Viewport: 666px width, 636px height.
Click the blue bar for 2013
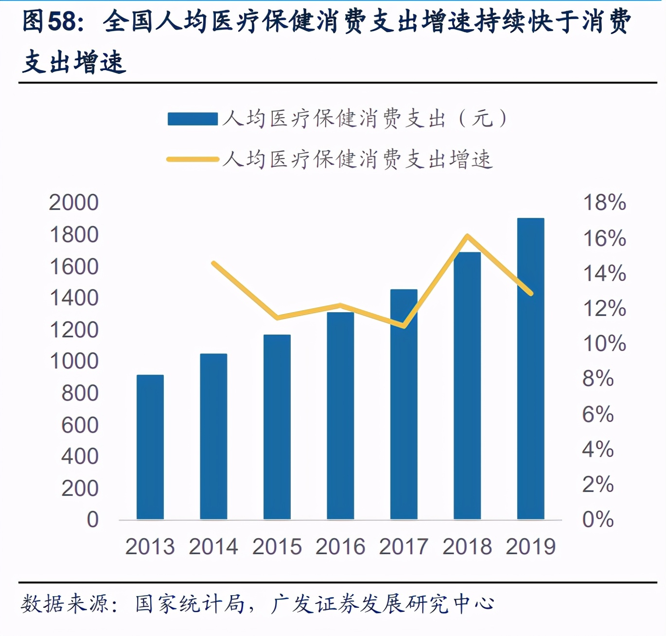[x=150, y=447]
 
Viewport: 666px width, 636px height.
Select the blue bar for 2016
[x=340, y=416]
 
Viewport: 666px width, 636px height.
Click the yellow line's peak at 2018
[x=467, y=236]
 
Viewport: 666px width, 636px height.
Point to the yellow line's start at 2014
[x=214, y=263]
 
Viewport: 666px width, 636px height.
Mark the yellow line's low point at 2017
[x=404, y=326]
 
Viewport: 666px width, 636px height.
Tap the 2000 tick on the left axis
[x=73, y=202]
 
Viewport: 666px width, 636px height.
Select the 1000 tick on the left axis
[x=73, y=361]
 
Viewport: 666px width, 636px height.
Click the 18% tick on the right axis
[x=604, y=202]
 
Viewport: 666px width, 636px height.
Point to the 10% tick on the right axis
[x=604, y=343]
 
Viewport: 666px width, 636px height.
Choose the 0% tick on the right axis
[x=598, y=519]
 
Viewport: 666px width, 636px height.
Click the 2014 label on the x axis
[x=213, y=547]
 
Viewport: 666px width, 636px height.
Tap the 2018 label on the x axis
[x=467, y=547]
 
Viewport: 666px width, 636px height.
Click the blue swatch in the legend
[x=193, y=119]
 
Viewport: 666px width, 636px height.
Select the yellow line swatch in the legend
[x=193, y=159]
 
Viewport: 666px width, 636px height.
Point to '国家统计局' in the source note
[x=190, y=604]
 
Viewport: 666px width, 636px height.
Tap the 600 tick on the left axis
[x=80, y=425]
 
